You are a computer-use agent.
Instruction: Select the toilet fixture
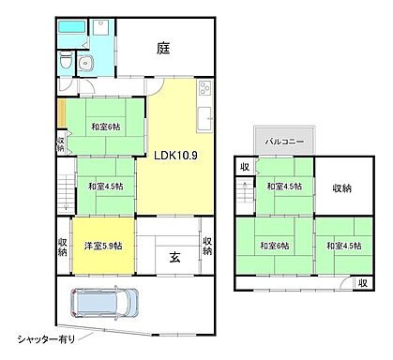coord(62,61)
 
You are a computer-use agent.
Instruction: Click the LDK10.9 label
coord(174,157)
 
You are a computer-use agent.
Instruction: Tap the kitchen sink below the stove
coord(204,117)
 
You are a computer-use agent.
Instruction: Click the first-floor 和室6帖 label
coord(106,127)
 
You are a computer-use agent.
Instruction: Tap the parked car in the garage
coord(104,302)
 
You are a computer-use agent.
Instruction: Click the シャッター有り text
coord(46,337)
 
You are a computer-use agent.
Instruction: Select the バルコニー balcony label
coord(283,142)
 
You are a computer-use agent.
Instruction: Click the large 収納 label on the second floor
coord(342,188)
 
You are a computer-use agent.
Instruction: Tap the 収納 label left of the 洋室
coord(63,246)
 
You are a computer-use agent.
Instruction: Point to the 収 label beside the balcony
coord(244,167)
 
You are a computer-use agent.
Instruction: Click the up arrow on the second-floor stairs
coord(244,187)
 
